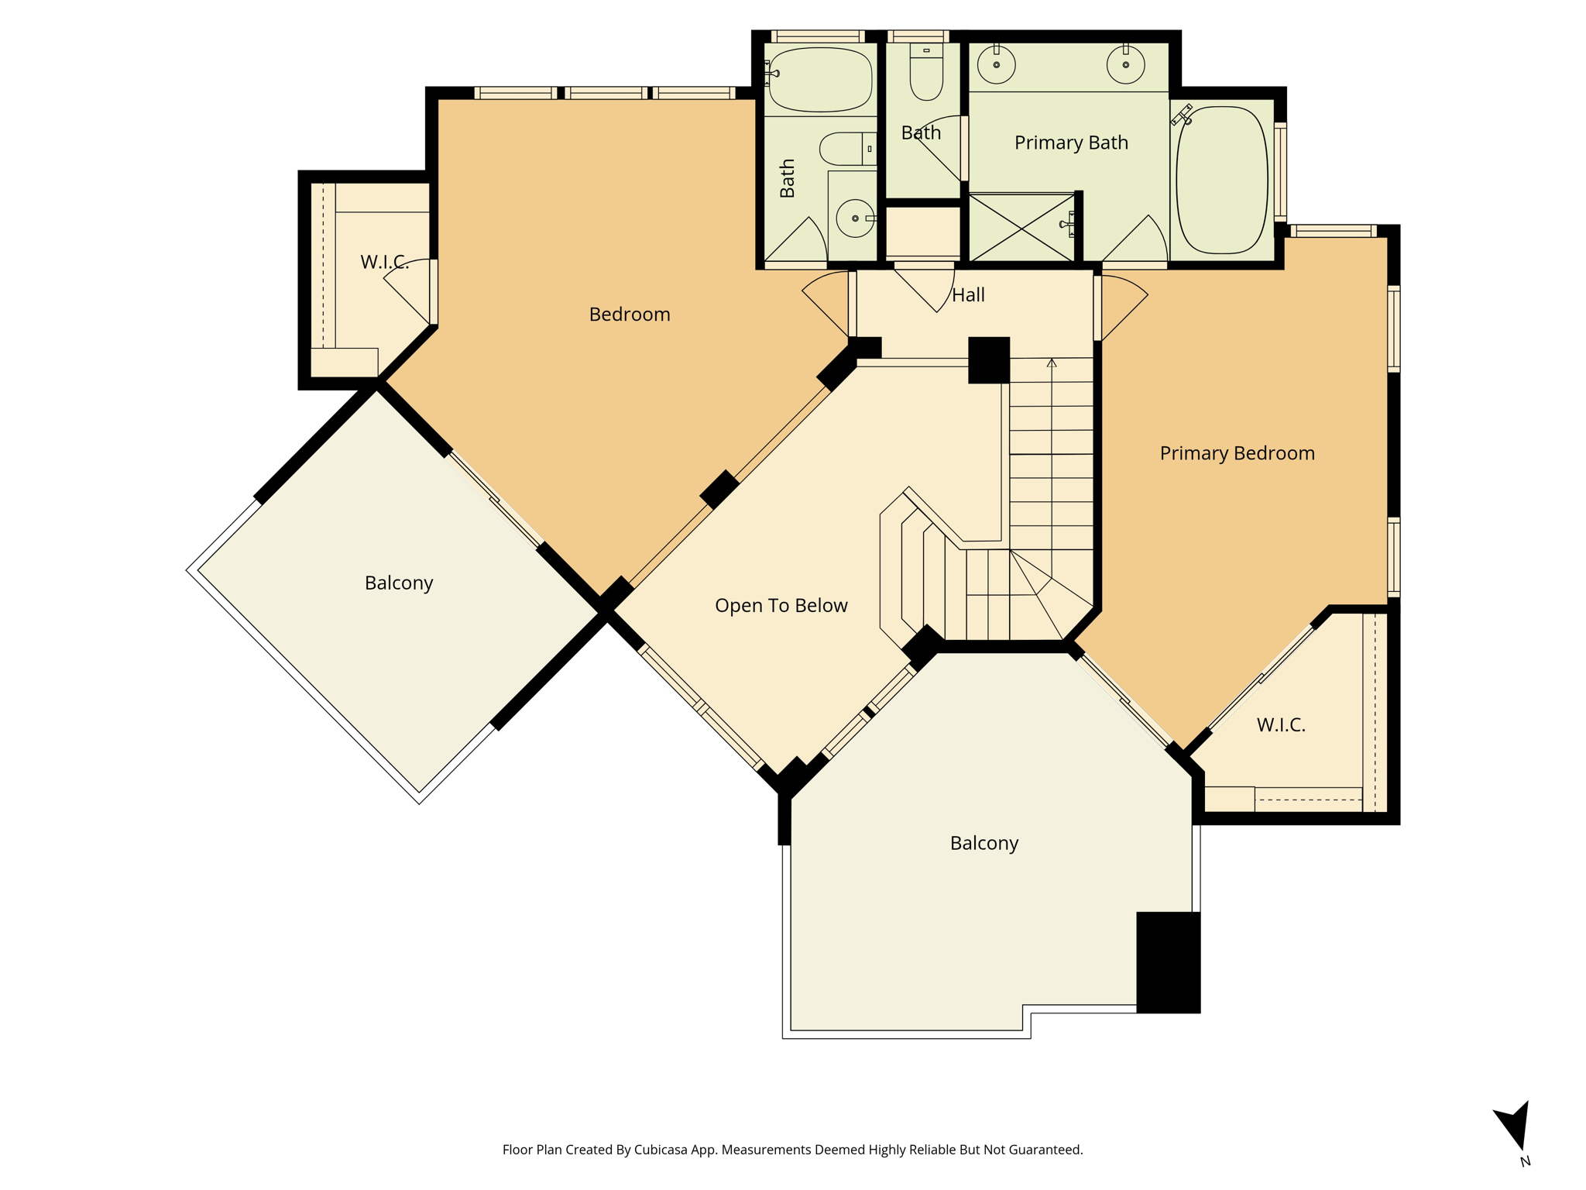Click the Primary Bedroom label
(1237, 453)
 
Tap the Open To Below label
(781, 605)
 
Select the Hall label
(968, 295)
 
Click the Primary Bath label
(1071, 143)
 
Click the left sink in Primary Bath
(997, 64)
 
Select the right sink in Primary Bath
(1125, 64)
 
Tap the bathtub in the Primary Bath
(1222, 180)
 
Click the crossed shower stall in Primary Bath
(1022, 227)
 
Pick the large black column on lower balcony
(1168, 962)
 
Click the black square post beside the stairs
(989, 360)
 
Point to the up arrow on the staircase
(1052, 469)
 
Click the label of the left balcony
(399, 583)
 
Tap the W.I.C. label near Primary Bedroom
(1281, 725)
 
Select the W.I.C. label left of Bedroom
(385, 262)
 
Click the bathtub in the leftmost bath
(820, 80)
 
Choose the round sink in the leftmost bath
(855, 218)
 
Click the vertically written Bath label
(788, 178)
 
